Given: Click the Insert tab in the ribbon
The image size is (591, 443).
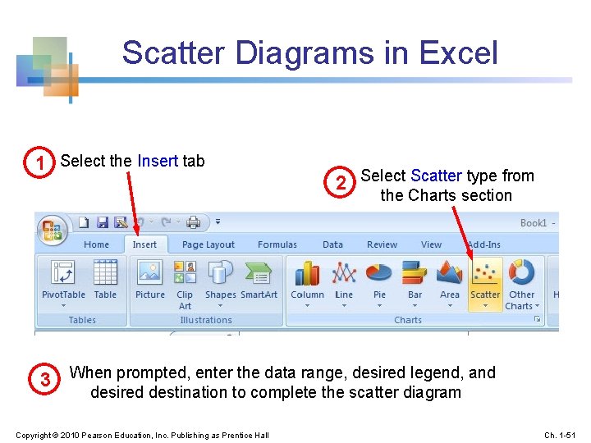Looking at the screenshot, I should point(144,244).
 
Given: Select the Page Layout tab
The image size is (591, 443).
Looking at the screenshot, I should point(208,244).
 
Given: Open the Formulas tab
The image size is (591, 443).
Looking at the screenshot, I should point(277,244).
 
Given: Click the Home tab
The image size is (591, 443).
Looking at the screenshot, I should point(96,244).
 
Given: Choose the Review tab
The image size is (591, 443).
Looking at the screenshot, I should point(382,244).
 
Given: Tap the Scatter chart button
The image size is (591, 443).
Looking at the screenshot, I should point(485,283).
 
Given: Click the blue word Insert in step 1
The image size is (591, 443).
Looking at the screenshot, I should point(158,161).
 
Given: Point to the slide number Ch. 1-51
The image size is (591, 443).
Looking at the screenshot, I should point(561,434).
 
